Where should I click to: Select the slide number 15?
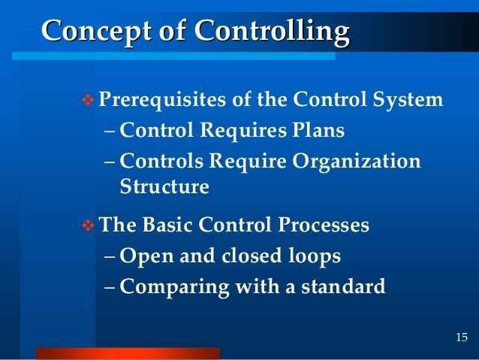click(462, 335)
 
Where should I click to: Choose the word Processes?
click(322, 225)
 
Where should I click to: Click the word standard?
click(342, 286)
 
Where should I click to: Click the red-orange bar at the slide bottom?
click(128, 353)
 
